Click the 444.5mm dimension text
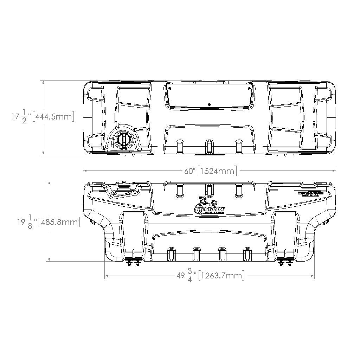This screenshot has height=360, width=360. point(53,116)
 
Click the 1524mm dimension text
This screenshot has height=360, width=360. point(217,171)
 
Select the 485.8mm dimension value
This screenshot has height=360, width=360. point(59,223)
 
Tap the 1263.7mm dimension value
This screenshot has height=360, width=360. point(221,275)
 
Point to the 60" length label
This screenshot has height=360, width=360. point(189,171)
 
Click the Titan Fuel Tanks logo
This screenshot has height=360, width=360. point(210,205)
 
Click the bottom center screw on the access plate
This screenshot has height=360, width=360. point(209,104)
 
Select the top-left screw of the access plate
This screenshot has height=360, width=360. point(169,88)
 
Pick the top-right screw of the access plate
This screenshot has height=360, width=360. point(249,88)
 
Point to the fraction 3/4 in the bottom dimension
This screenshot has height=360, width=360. point(190,276)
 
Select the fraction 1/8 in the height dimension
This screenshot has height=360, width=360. point(30,223)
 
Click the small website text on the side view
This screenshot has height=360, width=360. point(310,193)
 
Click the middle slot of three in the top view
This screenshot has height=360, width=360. point(209,146)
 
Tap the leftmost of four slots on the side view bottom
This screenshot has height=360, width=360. point(172,254)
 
